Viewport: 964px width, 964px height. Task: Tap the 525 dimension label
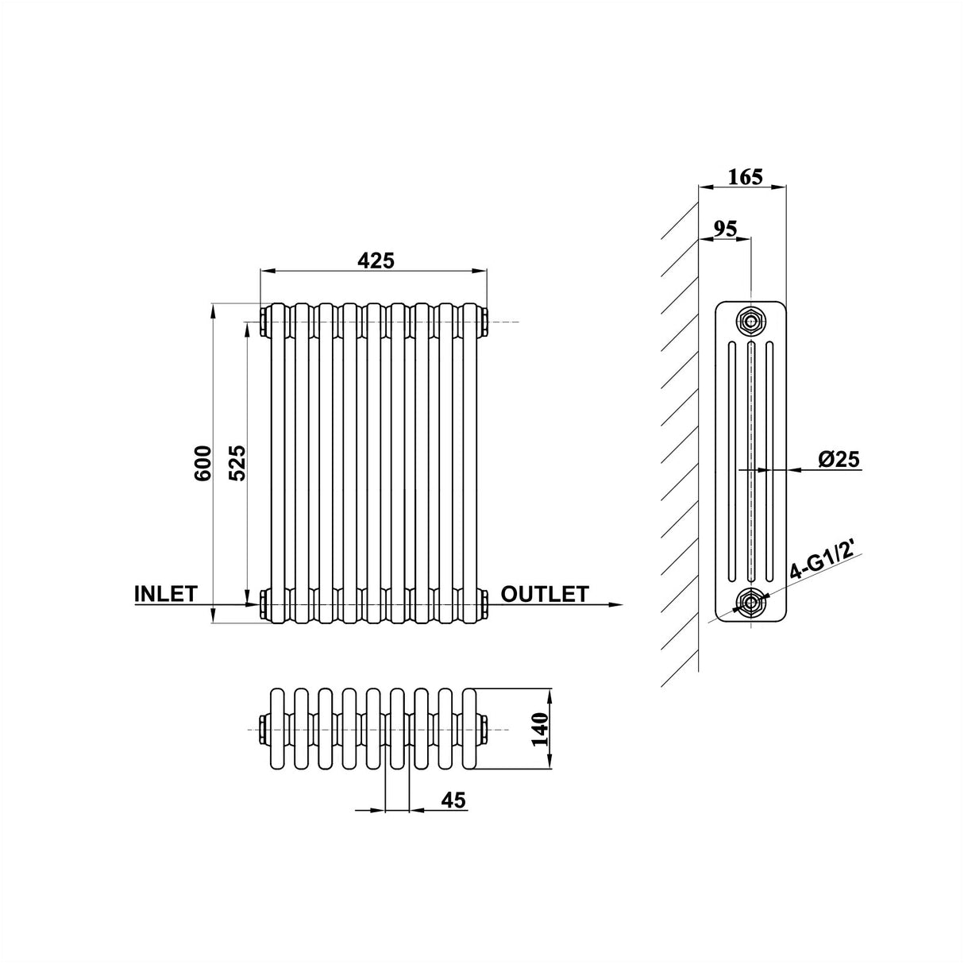(x=237, y=462)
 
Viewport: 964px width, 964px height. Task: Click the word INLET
(x=165, y=594)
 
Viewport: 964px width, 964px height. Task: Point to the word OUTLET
(x=545, y=594)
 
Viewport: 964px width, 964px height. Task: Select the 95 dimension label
(x=723, y=229)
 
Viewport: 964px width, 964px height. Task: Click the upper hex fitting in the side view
(x=750, y=321)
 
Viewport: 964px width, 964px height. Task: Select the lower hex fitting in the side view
(x=750, y=604)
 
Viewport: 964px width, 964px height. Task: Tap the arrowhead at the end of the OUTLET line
(x=615, y=605)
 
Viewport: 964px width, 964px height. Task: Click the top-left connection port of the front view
(x=263, y=322)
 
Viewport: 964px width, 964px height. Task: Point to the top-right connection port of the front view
(x=484, y=322)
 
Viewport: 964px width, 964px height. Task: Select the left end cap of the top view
(x=263, y=728)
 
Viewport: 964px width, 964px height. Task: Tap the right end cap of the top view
(x=484, y=728)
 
